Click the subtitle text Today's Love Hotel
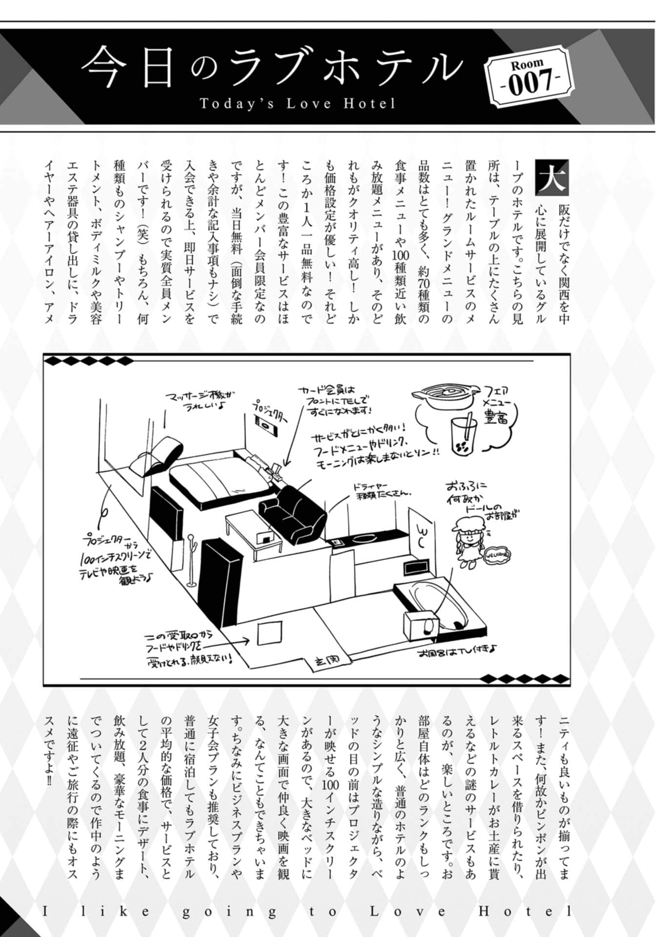(x=298, y=104)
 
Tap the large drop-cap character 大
(x=552, y=176)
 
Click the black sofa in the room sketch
(x=292, y=514)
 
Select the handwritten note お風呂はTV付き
(x=457, y=651)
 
